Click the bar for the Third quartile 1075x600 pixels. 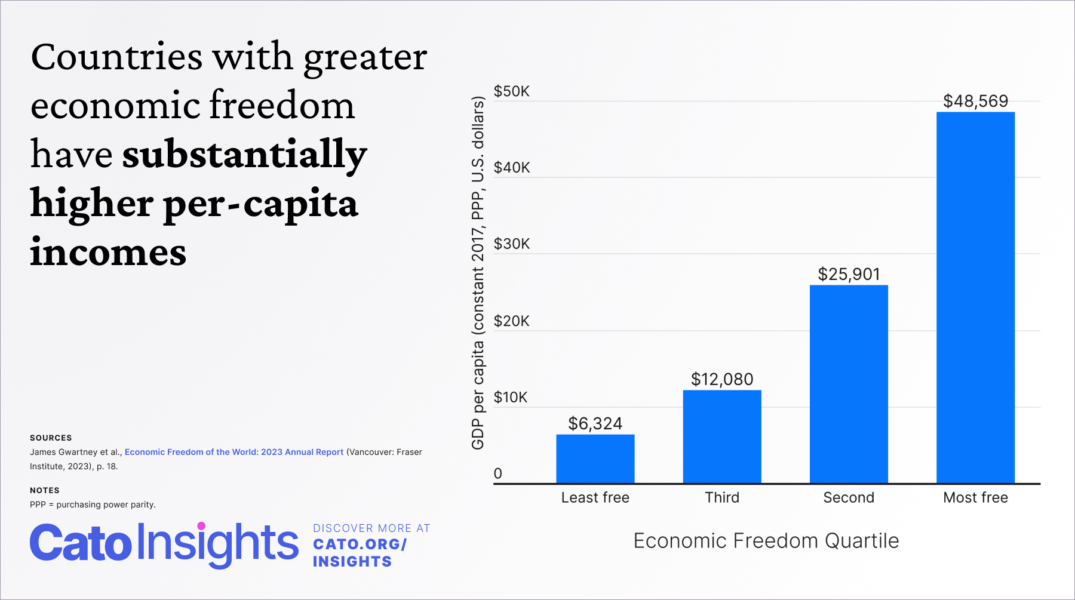pos(721,436)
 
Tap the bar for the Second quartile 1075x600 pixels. pos(848,384)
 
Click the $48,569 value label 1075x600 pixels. pos(975,101)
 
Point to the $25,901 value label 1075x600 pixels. pos(849,274)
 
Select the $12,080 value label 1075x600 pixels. pos(721,379)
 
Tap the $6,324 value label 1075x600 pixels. pos(595,423)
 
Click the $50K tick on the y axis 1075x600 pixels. pos(511,91)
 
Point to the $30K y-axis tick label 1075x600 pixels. pos(511,244)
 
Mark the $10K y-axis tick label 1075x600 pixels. pos(510,397)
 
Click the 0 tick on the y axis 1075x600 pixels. pos(497,473)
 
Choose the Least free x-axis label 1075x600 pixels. pos(595,497)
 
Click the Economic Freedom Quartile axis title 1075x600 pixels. pos(766,540)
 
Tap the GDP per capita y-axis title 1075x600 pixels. pos(477,273)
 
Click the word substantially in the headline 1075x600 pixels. pos(244,154)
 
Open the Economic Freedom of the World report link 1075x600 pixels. pos(234,452)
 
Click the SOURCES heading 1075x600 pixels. pos(51,438)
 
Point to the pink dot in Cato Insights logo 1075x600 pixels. pos(201,526)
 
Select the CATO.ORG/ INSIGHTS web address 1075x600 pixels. pos(360,553)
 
